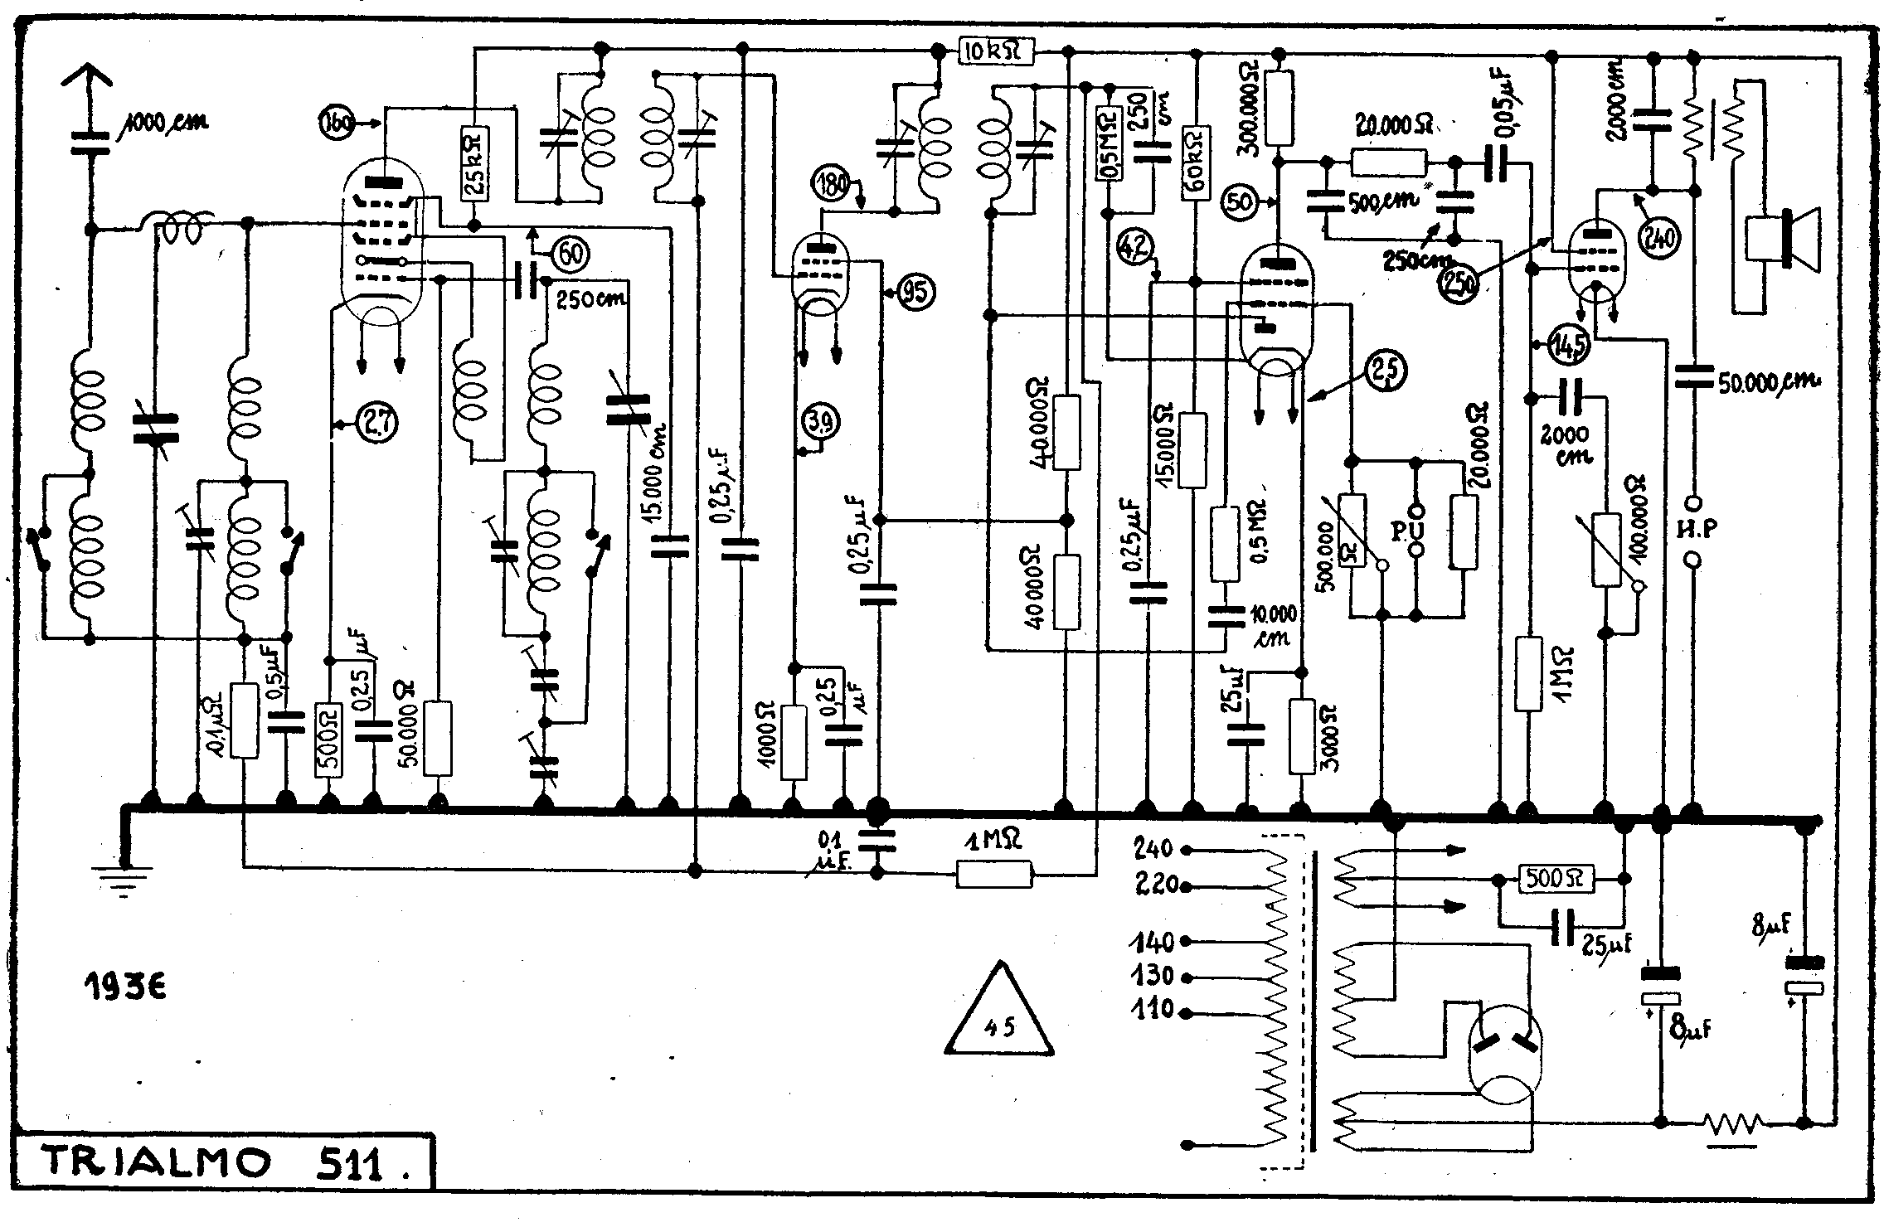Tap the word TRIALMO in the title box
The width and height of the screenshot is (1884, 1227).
(x=158, y=1163)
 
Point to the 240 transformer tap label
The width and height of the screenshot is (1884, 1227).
(x=1153, y=848)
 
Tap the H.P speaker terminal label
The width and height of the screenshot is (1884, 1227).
(x=1695, y=529)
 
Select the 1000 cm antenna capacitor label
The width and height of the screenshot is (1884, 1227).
(x=165, y=123)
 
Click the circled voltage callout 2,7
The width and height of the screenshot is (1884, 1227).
(x=378, y=424)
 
